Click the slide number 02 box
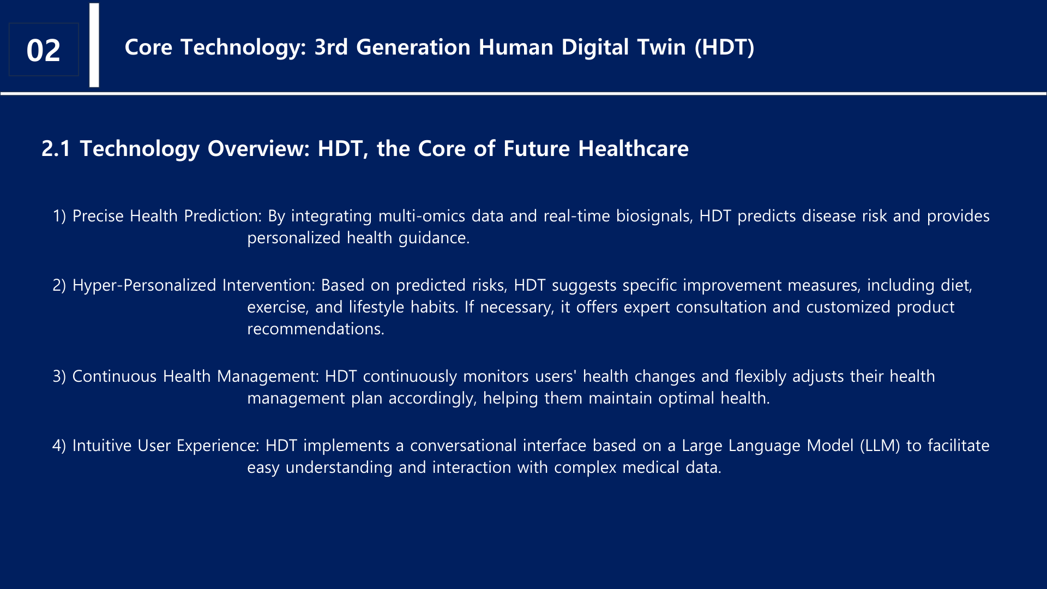[x=44, y=50]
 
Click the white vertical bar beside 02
[x=94, y=45]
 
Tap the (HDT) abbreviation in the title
[x=725, y=47]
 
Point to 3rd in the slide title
[x=331, y=47]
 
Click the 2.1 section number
[x=56, y=149]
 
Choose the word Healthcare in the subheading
[x=633, y=149]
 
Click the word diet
[x=956, y=286]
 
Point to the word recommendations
[x=316, y=329]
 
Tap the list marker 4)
[x=59, y=446]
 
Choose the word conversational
[x=463, y=446]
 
